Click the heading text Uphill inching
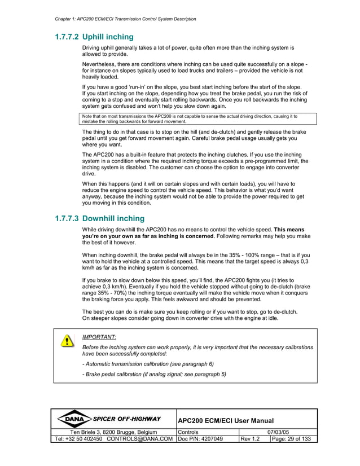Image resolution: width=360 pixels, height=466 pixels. (108, 37)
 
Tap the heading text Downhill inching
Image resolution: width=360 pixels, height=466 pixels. (113, 218)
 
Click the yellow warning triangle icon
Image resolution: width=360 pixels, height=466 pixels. (67, 341)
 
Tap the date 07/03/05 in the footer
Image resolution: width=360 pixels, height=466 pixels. (278, 432)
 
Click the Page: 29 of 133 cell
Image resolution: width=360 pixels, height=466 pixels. (291, 439)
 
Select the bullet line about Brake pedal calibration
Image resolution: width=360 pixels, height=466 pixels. (154, 374)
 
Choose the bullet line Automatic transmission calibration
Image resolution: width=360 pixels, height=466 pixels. (148, 364)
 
